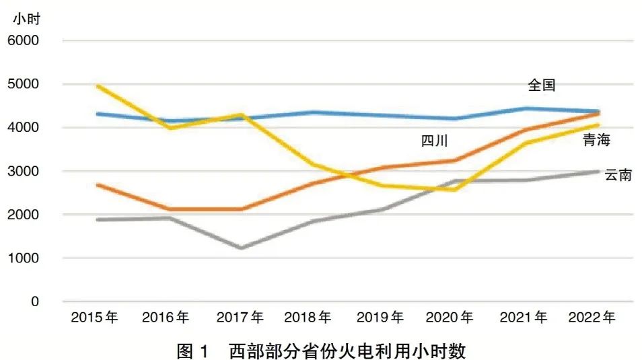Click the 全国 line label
point(542,85)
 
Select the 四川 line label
point(435,141)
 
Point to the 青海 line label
point(597,141)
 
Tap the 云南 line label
point(618,176)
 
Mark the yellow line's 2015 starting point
point(98,86)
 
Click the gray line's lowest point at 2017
point(242,248)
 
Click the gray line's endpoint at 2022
point(598,172)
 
